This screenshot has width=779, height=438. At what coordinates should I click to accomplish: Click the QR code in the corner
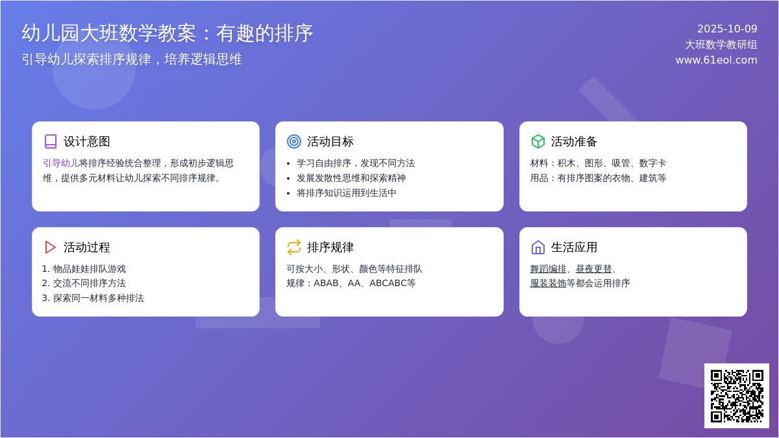coord(737,396)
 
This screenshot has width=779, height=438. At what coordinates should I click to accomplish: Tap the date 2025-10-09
coord(727,29)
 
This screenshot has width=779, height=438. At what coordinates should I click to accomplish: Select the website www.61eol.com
coord(716,60)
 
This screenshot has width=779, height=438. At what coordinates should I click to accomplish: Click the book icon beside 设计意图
coord(51,141)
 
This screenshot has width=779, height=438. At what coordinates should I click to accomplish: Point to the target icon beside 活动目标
coord(294,141)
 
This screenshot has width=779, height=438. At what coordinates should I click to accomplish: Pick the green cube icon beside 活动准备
coord(538,141)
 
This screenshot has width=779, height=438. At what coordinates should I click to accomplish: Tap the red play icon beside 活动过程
coord(51,247)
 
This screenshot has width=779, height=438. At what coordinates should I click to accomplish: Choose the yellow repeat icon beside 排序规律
coord(294,247)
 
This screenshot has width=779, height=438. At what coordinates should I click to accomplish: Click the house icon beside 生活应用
coord(538,247)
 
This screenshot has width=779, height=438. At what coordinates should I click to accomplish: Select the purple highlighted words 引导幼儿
coord(61,163)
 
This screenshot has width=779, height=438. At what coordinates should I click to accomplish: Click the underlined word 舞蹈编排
coord(548,269)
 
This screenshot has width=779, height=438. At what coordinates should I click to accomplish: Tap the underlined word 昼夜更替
coord(593,269)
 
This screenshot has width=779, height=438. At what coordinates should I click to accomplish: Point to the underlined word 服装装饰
coord(548,283)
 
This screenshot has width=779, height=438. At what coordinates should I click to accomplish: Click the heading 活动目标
coord(330,141)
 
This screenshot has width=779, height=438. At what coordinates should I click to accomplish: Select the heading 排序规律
coord(330,247)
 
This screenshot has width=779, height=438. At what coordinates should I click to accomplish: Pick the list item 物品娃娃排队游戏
coord(90,269)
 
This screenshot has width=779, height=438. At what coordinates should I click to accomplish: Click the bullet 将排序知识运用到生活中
coord(347,193)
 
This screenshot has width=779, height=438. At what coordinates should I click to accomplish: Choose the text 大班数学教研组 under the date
coord(721,44)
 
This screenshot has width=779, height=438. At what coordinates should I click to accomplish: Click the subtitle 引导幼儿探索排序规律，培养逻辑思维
coord(132,59)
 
